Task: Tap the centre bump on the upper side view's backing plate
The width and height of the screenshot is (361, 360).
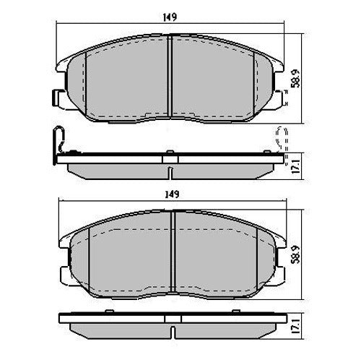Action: coord(169,153)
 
